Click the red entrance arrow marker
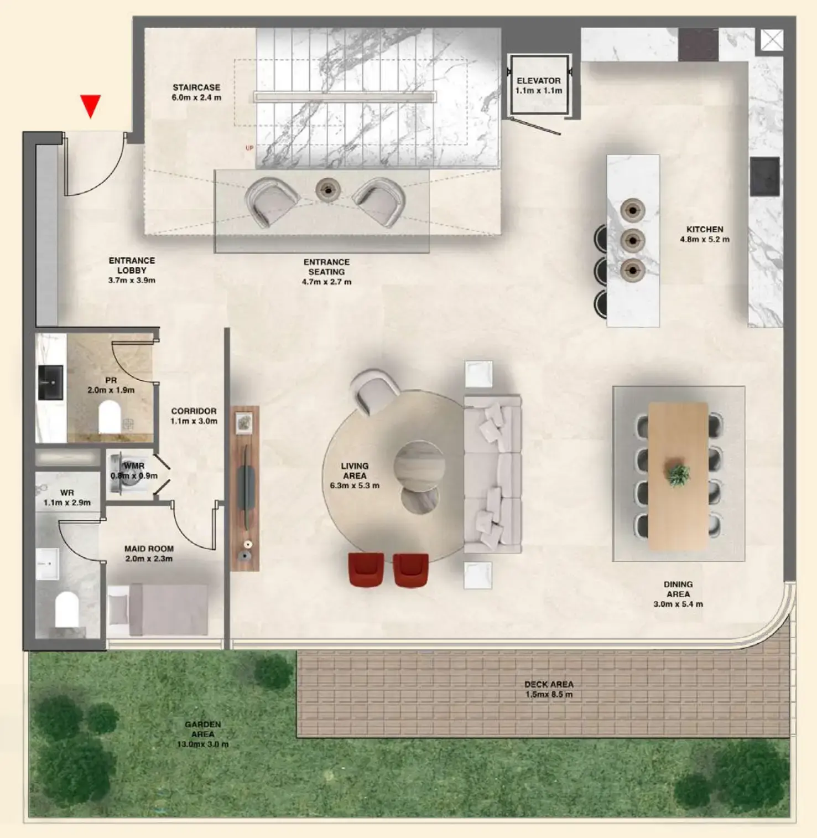click(x=90, y=105)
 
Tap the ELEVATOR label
click(x=538, y=81)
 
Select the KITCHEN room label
click(x=705, y=229)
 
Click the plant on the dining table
click(x=678, y=475)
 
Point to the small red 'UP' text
click(x=249, y=148)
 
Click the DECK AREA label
click(x=549, y=685)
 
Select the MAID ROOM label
click(x=149, y=549)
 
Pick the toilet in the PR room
click(x=110, y=417)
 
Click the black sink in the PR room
click(x=50, y=382)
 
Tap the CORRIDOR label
click(x=194, y=411)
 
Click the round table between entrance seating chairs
click(x=328, y=190)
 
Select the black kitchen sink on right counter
click(x=765, y=177)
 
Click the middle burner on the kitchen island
click(x=632, y=240)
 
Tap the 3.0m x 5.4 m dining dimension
click(x=678, y=604)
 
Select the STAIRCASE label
click(x=196, y=87)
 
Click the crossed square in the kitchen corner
click(x=772, y=40)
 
